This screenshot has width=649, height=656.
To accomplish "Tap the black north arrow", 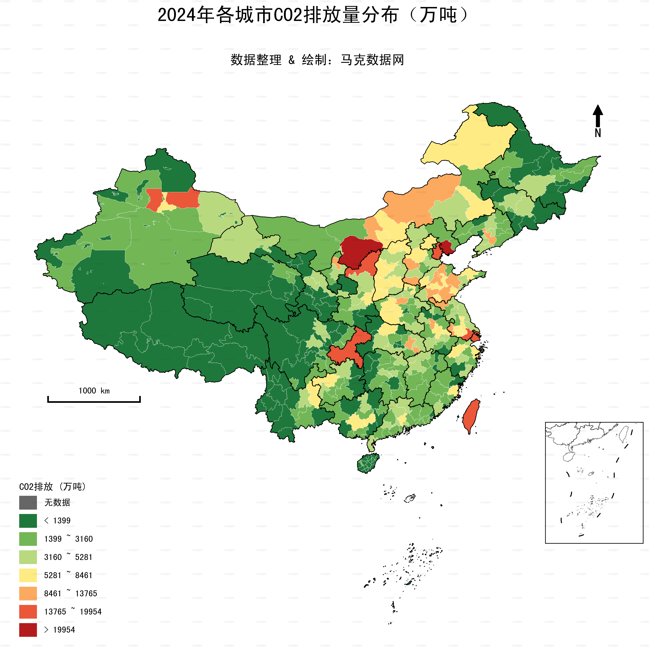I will click(598, 115).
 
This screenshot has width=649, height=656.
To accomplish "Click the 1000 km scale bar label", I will click(94, 391).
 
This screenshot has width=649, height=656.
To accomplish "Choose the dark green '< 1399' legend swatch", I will click(28, 521).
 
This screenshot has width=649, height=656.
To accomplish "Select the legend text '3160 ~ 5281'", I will click(68, 557).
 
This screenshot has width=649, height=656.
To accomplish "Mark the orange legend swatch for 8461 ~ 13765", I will click(28, 594).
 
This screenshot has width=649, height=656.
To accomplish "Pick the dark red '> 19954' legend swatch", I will click(28, 630).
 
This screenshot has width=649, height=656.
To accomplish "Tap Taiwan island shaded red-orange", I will click(471, 416).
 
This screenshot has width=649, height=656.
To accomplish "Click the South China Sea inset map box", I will click(594, 482).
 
